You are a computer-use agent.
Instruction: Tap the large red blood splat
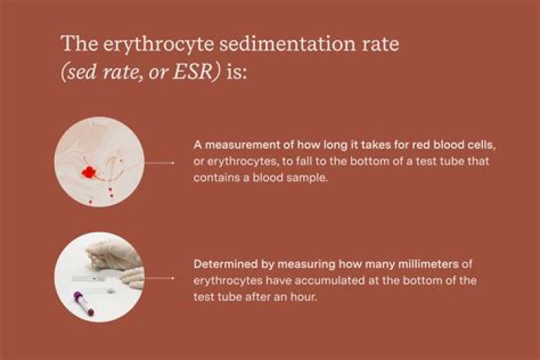click(88, 172)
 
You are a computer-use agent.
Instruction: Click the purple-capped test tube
click(84, 303)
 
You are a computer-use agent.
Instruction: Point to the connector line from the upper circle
click(159, 163)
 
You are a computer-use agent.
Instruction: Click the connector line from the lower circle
click(159, 277)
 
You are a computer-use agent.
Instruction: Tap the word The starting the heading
click(79, 43)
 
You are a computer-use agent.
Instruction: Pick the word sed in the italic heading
click(80, 72)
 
